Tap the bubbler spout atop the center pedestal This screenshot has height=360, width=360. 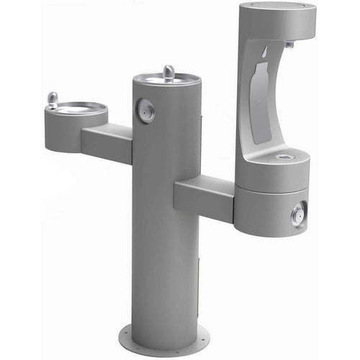[168, 72]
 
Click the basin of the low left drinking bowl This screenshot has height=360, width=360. [77, 110]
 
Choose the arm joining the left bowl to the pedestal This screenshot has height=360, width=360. [107, 141]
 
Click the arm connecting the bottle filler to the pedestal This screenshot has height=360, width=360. [204, 199]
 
